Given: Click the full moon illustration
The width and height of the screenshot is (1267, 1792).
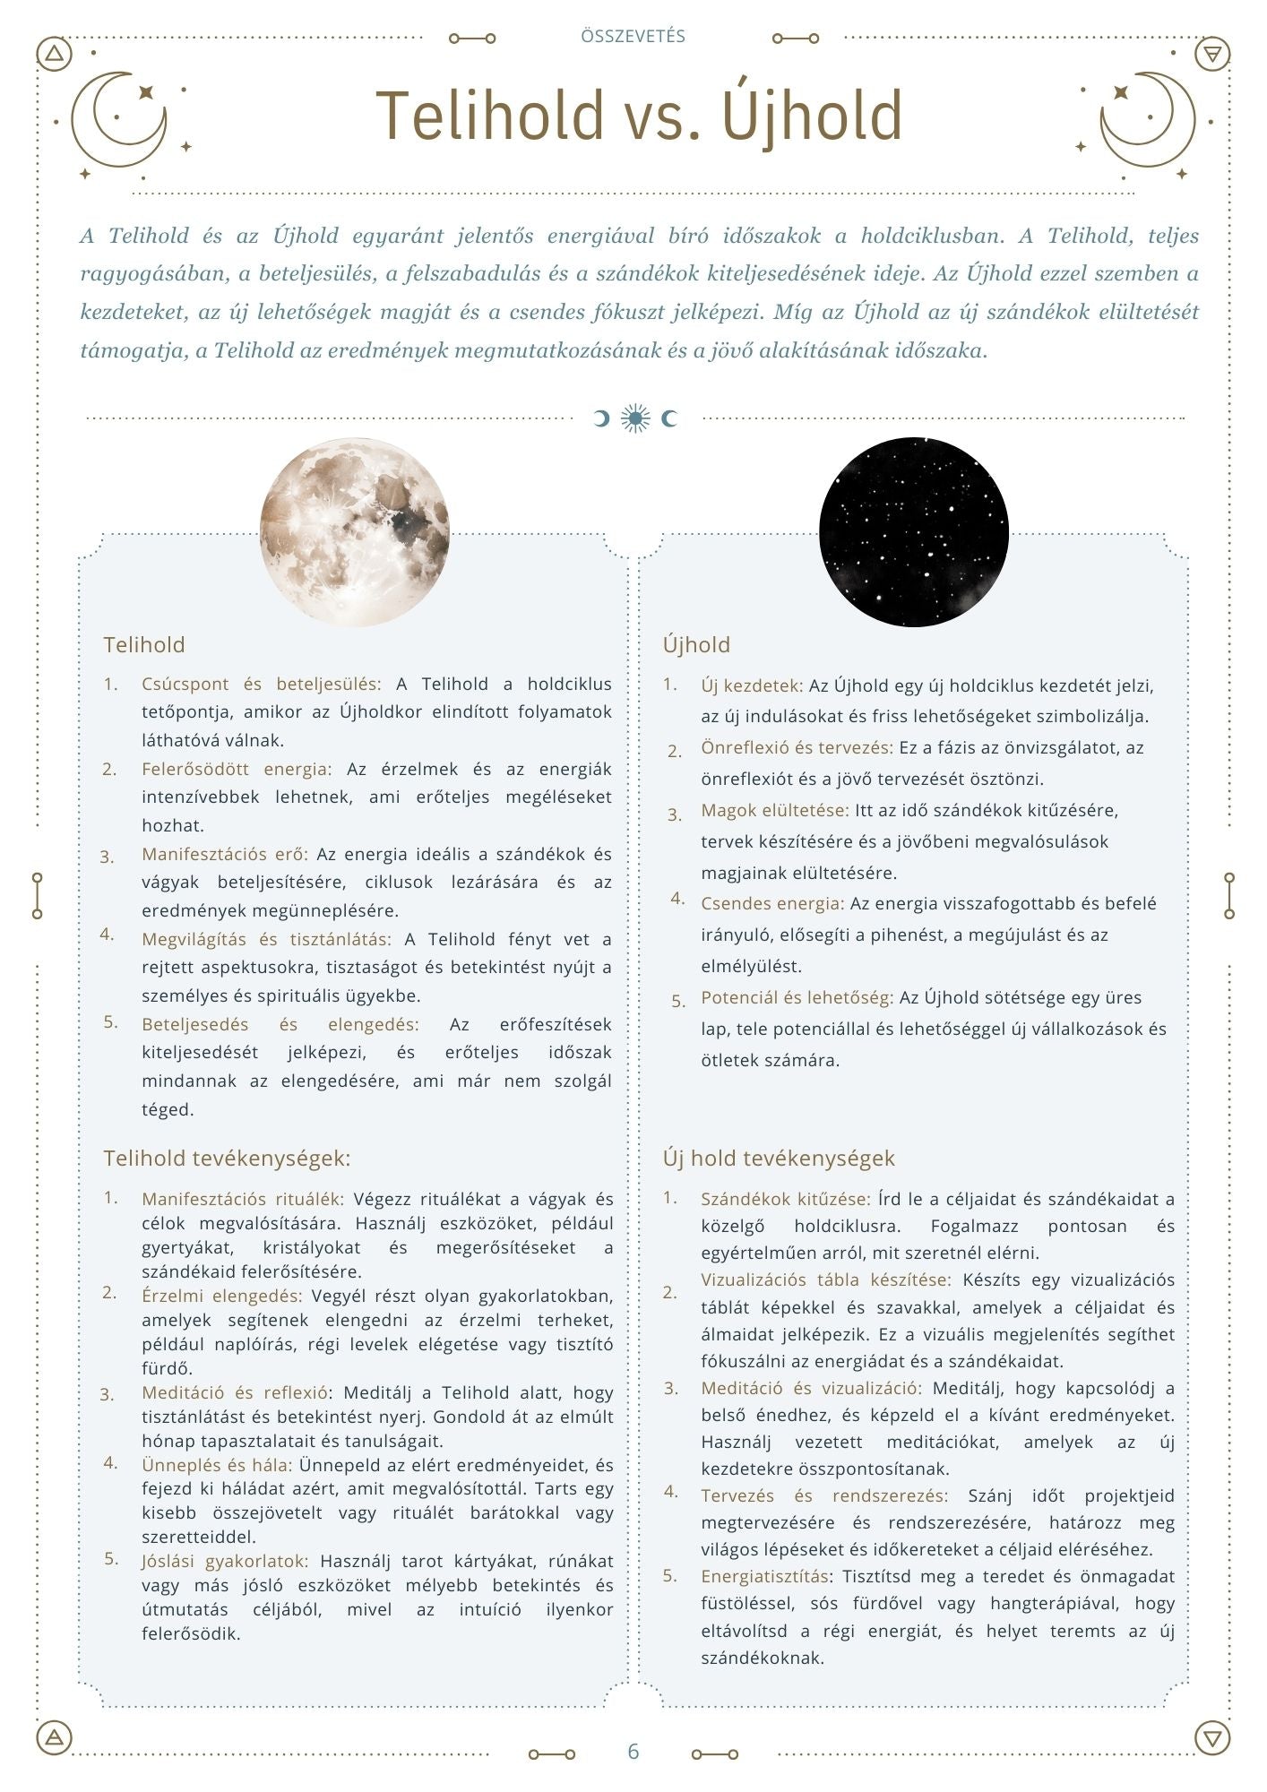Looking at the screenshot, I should click(x=355, y=531).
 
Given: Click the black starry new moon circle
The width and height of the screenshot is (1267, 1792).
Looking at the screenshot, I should click(x=913, y=531).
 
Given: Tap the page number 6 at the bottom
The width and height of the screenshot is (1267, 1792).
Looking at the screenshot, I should click(x=633, y=1752).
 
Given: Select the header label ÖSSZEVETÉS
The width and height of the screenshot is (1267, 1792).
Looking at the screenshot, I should click(x=633, y=37).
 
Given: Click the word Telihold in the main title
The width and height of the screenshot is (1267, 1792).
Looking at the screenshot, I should click(x=490, y=116).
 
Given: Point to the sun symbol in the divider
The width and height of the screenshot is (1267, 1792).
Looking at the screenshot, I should click(x=635, y=418).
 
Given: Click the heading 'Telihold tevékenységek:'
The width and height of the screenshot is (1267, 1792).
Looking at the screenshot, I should click(x=227, y=1158).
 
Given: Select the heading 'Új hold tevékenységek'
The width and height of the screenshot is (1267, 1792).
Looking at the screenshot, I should click(x=779, y=1158).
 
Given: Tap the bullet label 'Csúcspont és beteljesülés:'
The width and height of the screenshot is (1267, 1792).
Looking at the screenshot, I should click(x=261, y=684).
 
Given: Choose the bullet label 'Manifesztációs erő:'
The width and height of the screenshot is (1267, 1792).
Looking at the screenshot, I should click(x=224, y=854).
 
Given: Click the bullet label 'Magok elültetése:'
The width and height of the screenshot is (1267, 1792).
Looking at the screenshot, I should click(x=774, y=810).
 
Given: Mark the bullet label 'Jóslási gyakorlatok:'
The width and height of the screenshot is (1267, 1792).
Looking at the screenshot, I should click(x=224, y=1561).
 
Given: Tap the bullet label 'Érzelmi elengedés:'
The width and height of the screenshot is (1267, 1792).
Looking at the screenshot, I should click(x=221, y=1296).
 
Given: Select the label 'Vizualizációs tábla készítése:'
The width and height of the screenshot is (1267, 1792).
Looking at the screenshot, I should click(x=825, y=1279).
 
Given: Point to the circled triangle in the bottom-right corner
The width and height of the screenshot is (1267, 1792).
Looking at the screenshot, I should click(x=1211, y=1738).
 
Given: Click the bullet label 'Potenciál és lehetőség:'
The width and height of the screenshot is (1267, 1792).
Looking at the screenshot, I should click(x=797, y=997).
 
